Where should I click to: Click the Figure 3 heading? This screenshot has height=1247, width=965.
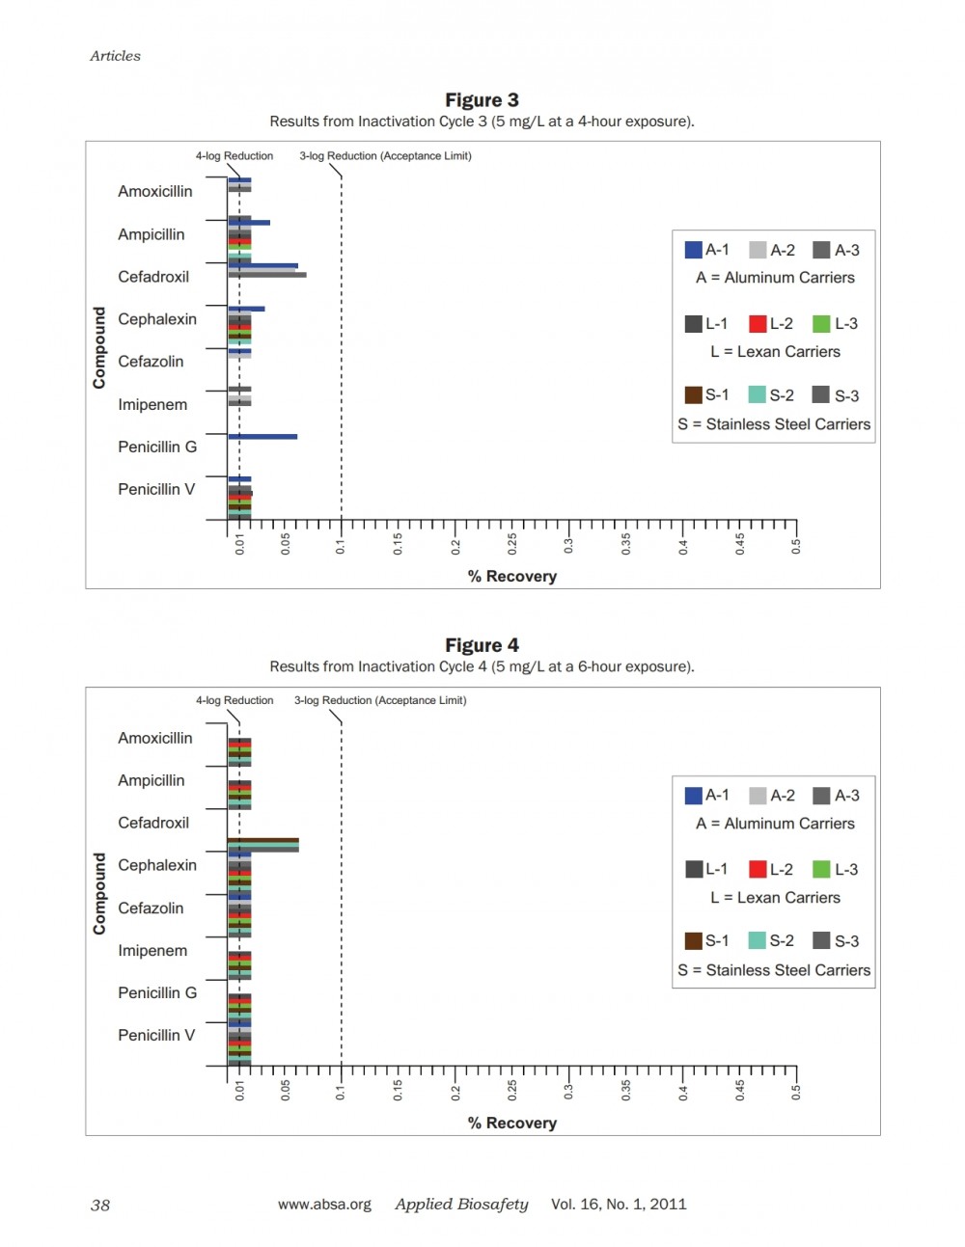pos(482,100)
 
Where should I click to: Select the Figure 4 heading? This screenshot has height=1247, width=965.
pos(482,645)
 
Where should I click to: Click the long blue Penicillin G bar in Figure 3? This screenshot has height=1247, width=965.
pos(262,437)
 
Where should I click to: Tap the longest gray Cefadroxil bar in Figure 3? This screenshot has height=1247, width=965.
pos(267,275)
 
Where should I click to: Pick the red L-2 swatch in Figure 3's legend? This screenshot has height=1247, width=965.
pos(758,324)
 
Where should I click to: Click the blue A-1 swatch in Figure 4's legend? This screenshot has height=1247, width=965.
pos(694,796)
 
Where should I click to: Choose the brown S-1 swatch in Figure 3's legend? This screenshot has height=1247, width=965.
pos(694,395)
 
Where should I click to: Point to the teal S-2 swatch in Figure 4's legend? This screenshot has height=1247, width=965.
pos(758,941)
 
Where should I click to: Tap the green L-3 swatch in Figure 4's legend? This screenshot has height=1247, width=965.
pos(821,869)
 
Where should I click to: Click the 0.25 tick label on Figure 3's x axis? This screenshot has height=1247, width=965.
pos(512,544)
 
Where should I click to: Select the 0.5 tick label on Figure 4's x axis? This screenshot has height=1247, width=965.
pos(796,1092)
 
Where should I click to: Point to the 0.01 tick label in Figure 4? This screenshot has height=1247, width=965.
pos(239,1091)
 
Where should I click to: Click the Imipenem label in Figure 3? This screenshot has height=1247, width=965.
pos(152,404)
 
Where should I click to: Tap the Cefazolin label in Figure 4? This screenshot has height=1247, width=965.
pos(151,908)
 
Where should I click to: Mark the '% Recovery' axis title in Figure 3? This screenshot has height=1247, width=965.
pos(512,576)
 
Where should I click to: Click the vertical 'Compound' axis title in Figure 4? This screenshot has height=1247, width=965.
pos(99,893)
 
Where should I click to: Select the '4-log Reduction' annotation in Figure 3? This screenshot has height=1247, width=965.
pos(234,156)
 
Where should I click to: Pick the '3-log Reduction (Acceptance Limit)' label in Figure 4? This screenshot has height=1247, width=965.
pos(380,701)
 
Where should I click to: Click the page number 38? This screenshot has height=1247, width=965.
pos(100,1206)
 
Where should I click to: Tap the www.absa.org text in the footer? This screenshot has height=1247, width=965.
pos(324,1205)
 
